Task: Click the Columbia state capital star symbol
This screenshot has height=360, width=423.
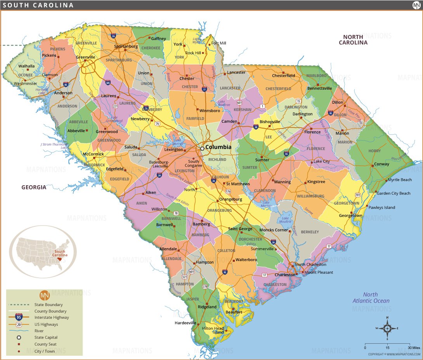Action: pyautogui.click(x=202, y=148)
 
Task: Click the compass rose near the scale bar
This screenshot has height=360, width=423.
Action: pyautogui.click(x=387, y=328)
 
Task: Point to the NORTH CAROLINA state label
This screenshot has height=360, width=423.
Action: pyautogui.click(x=353, y=40)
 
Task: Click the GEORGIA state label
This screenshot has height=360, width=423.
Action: pyautogui.click(x=34, y=187)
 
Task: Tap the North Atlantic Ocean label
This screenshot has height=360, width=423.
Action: pyautogui.click(x=371, y=297)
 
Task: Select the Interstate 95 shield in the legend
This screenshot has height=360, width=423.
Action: pyautogui.click(x=18, y=317)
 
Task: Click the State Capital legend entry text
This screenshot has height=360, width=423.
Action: pyautogui.click(x=46, y=337)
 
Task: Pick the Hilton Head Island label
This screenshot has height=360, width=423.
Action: pyautogui.click(x=213, y=330)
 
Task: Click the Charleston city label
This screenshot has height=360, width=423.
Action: pyautogui.click(x=285, y=275)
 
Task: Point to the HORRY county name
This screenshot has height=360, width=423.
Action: pyautogui.click(x=374, y=151)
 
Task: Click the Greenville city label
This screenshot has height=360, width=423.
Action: pyautogui.click(x=86, y=57)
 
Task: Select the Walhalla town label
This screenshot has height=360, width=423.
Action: pyautogui.click(x=26, y=66)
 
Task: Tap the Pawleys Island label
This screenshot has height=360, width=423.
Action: pyautogui.click(x=381, y=207)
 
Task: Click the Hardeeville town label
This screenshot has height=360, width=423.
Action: pyautogui.click(x=185, y=323)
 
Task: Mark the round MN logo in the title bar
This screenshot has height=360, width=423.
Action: pyautogui.click(x=416, y=5)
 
